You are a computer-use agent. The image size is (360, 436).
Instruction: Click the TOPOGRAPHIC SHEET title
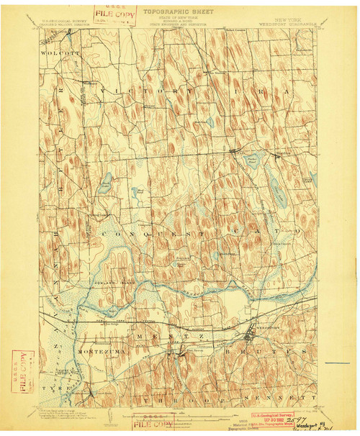point(179,12)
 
